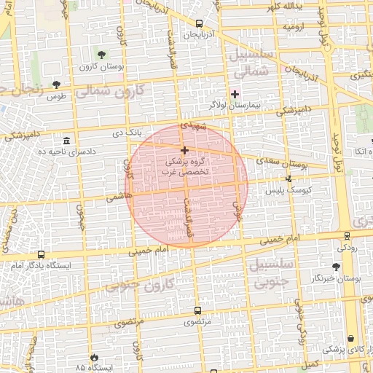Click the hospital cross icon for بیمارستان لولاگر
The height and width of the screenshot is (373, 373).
(235, 93)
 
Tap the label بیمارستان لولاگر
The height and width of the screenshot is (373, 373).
(235, 106)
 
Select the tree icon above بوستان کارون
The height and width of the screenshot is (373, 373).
(101, 55)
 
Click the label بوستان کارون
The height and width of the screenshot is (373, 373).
(101, 66)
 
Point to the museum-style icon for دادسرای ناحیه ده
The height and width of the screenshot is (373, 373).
(67, 140)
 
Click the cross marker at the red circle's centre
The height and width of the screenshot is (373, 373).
(184, 149)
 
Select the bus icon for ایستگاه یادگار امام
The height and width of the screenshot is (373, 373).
(40, 255)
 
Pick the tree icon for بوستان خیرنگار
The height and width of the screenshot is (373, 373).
(336, 267)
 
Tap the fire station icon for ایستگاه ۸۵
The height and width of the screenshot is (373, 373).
(94, 357)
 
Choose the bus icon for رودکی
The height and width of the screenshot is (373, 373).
(348, 236)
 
